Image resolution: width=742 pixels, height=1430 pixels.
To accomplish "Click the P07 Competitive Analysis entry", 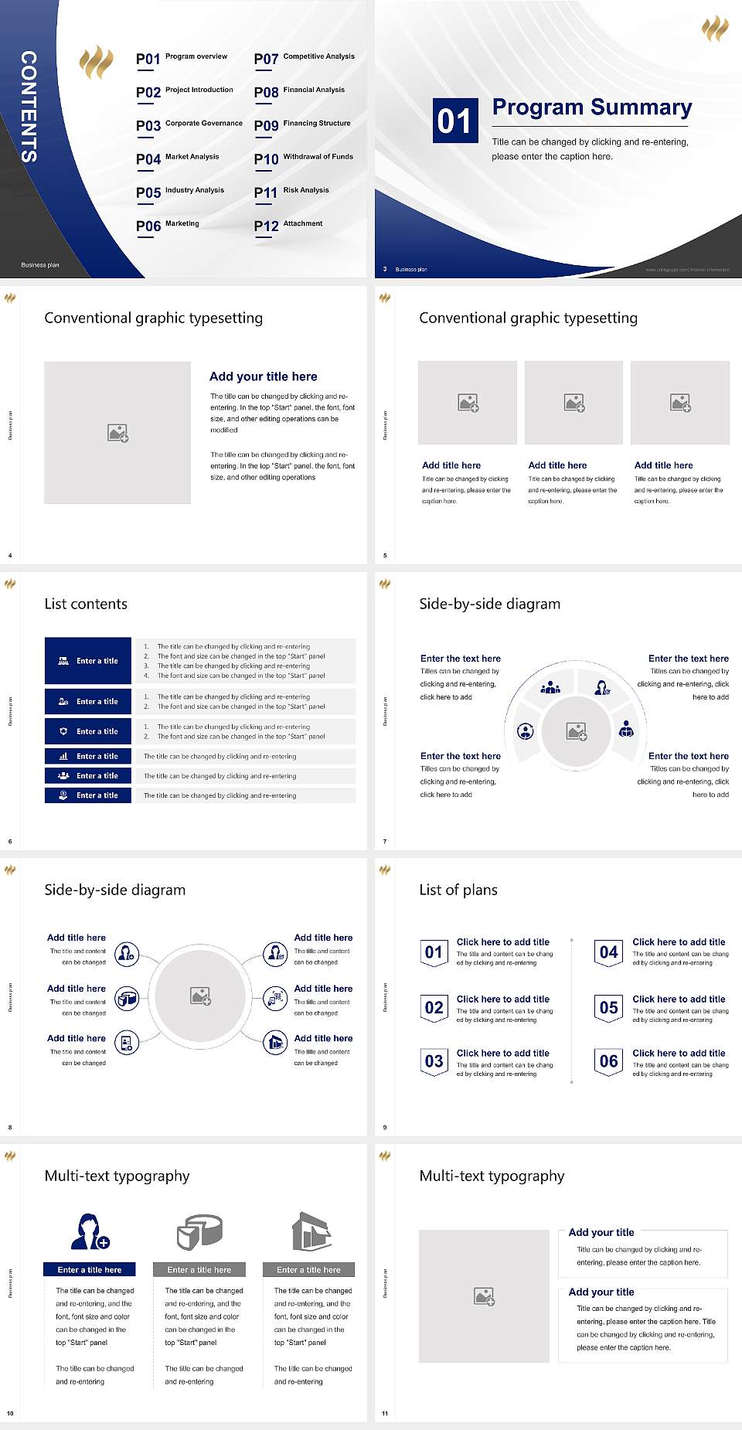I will coord(304,58).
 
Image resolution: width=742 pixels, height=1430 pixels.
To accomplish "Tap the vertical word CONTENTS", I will coord(29,107).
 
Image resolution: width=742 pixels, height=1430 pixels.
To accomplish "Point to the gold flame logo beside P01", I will coord(97,63).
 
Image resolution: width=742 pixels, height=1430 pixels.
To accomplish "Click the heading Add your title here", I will coord(263,376).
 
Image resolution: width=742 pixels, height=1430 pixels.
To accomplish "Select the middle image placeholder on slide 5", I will coord(574,403).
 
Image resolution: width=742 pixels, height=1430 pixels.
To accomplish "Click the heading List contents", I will coord(86,604).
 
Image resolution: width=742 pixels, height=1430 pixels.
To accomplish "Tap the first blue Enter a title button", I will coord(89,661).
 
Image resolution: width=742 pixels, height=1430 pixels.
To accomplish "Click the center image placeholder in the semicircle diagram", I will coord(577,731).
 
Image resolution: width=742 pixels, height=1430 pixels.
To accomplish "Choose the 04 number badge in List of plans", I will coord(608,952).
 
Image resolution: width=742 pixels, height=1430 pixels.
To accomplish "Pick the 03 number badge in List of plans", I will coord(434,1061).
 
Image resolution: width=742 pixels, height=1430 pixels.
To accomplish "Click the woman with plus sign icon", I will coord(90,1231).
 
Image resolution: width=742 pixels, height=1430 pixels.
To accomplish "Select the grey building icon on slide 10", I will coord(311,1231).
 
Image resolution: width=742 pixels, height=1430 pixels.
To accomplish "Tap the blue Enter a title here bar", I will coord(89,1269).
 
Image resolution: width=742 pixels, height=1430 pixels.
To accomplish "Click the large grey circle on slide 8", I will coord(200,996).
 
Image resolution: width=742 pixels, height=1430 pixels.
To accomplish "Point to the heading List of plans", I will coord(458,890).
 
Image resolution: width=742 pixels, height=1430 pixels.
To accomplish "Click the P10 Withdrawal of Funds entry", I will coord(304,158).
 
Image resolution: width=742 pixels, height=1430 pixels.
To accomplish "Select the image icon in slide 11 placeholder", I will coord(485,1296).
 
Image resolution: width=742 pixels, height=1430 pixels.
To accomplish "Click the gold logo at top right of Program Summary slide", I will coord(715,29).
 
